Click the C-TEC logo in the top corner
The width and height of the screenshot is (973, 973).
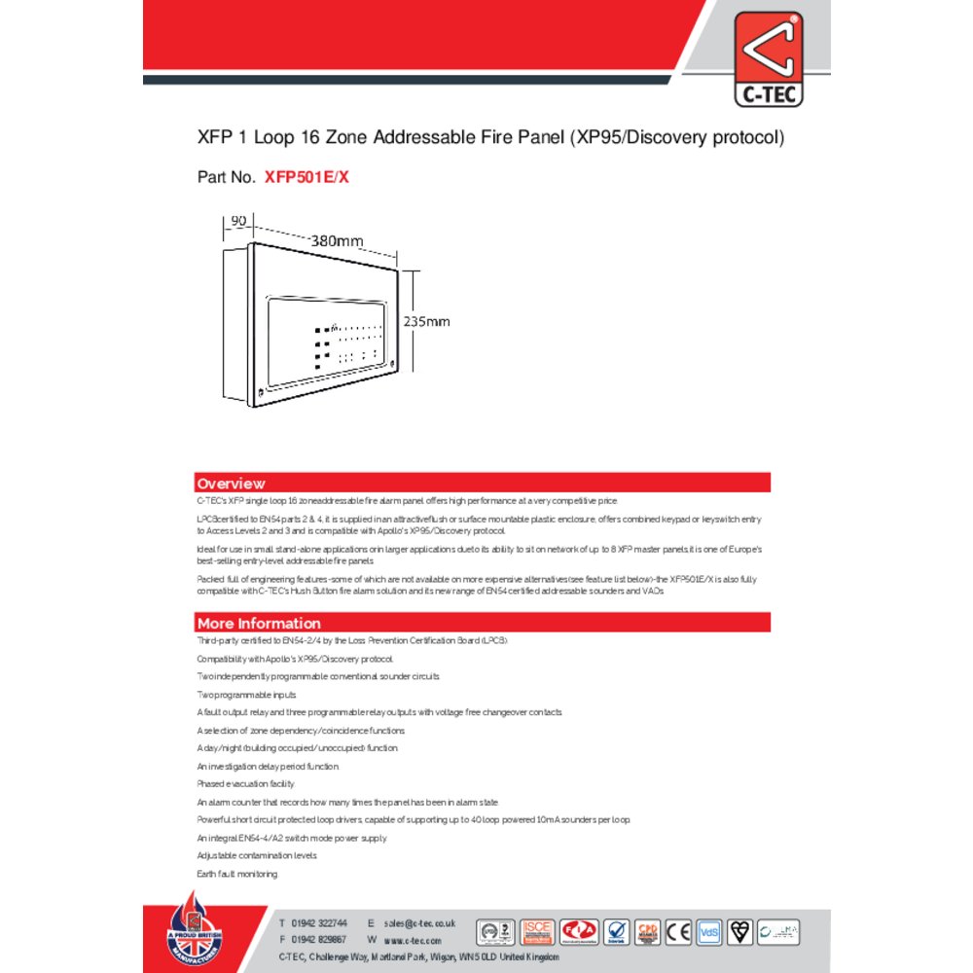(x=769, y=57)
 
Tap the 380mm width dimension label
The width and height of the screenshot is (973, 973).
(x=337, y=240)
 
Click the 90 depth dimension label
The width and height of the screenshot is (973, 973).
(x=237, y=221)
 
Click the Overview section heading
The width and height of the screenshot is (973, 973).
(x=231, y=484)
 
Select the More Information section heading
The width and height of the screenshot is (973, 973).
(x=259, y=624)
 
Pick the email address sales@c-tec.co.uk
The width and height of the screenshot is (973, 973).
(x=419, y=922)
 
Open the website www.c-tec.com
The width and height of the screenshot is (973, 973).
(x=413, y=941)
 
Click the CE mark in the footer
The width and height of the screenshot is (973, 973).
(x=678, y=932)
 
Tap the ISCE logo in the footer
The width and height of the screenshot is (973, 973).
(x=537, y=932)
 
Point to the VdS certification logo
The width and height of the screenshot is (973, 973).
(x=709, y=932)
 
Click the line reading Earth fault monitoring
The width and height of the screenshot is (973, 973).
(x=237, y=874)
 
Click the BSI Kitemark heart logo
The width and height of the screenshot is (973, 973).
(x=740, y=932)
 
